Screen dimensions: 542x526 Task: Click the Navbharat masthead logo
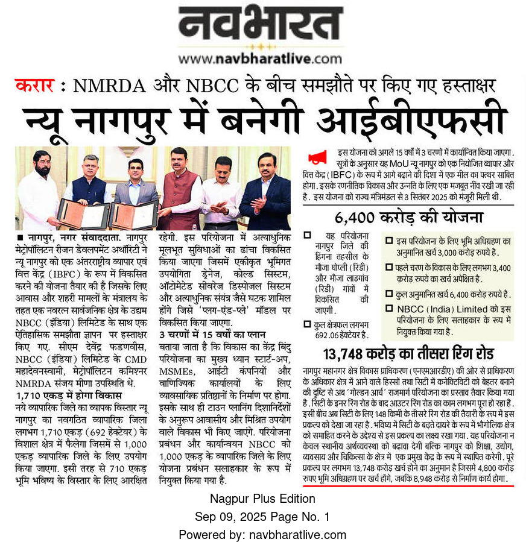pyautogui.click(x=260, y=28)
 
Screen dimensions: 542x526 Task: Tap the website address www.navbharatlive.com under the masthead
pyautogui.click(x=260, y=59)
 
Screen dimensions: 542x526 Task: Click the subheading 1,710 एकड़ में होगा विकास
pyautogui.click(x=69, y=395)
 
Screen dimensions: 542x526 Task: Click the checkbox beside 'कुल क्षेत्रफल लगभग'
pyautogui.click(x=308, y=325)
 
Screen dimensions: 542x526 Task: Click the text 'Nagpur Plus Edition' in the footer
pyautogui.click(x=262, y=499)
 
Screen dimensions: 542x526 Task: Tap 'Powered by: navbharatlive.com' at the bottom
pyautogui.click(x=262, y=534)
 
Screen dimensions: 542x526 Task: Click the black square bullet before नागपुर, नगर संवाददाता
pyautogui.click(x=21, y=239)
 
